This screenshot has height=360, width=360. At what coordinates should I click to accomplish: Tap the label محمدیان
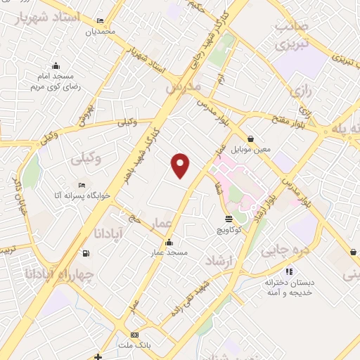coord(99,32)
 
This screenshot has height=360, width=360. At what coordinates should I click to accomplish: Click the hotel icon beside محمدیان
coord(99,21)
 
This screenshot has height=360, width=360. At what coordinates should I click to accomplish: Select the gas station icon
coord(86,253)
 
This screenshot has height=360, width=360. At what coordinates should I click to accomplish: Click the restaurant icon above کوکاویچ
coord(229,219)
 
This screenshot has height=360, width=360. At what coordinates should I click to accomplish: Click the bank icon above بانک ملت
coord(135,334)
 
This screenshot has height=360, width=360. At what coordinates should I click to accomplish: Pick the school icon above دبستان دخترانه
coord(289,271)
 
